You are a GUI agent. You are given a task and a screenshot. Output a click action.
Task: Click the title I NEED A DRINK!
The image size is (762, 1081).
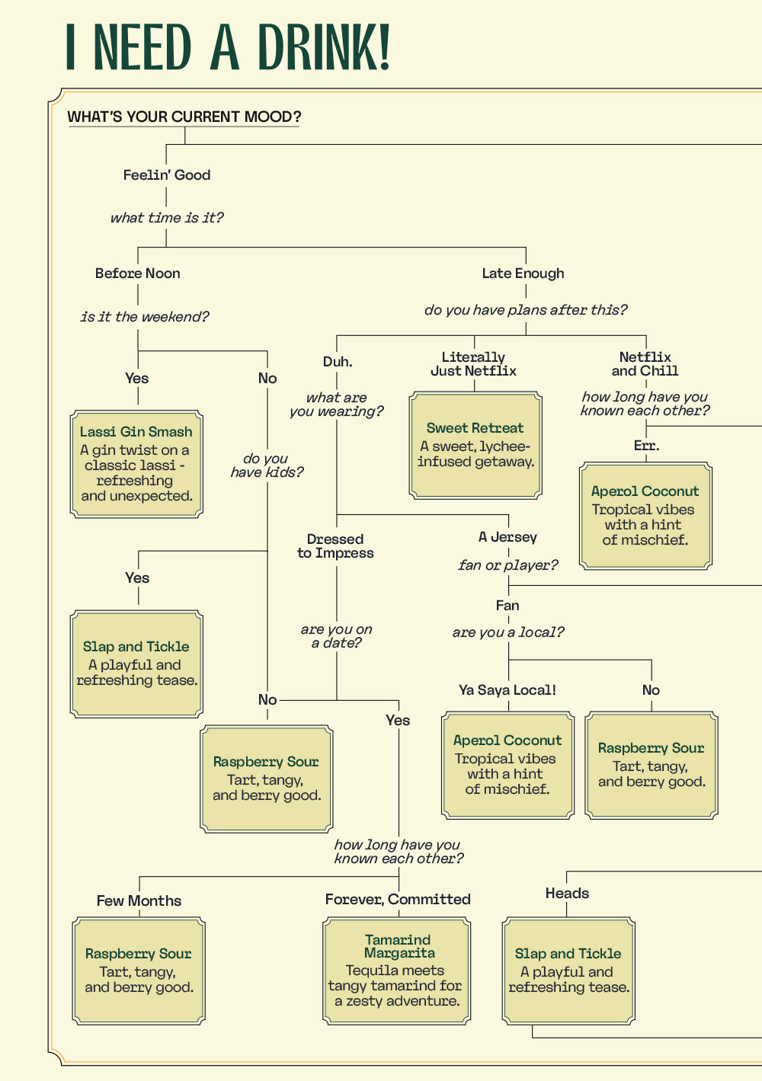pos(228,46)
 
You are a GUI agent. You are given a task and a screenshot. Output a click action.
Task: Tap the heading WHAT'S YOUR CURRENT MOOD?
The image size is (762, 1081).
pos(184,117)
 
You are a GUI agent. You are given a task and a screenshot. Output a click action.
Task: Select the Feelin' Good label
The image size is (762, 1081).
pos(166,174)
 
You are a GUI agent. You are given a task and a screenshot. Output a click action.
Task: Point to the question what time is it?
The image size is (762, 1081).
pos(166,218)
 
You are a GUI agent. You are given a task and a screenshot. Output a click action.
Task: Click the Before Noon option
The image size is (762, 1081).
pos(137,273)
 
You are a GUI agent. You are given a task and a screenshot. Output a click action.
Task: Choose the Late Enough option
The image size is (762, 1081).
pos(523,273)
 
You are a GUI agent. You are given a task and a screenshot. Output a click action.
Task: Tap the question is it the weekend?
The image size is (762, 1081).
pos(145,317)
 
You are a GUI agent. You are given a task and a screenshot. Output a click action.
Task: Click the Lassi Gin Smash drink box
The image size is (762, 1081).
pos(136,464)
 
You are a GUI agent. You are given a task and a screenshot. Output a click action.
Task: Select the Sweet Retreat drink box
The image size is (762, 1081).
pos(475,445)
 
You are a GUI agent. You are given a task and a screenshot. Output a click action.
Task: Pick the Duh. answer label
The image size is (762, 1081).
pos(338,361)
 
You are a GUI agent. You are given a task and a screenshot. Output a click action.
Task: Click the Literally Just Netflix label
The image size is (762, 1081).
pos(473,364)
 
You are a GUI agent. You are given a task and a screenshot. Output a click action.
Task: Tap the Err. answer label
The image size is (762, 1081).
pos(647,446)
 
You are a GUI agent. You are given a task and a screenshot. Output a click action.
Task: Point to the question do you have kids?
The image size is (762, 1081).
pos(267,465)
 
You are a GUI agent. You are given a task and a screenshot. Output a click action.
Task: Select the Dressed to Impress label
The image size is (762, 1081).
pos(335,545)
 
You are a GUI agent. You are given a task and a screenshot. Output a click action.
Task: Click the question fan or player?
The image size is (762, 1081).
pos(508,565)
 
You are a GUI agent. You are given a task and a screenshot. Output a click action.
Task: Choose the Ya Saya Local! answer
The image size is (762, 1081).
pos(507,690)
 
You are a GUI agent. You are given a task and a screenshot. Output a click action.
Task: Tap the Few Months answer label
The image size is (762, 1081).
pos(139,900)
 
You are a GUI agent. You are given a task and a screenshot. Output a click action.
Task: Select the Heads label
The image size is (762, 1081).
pos(567,894)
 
